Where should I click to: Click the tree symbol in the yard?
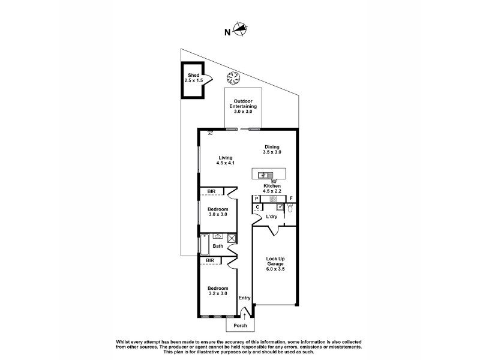[233, 77]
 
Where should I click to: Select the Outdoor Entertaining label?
[243, 106]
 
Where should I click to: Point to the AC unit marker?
[211, 131]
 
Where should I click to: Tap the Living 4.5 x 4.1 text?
[225, 161]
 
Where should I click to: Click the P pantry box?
[256, 199]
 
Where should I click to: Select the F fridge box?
[292, 199]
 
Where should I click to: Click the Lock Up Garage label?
[275, 265]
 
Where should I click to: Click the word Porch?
[241, 326]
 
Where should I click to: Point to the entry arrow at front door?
[245, 314]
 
